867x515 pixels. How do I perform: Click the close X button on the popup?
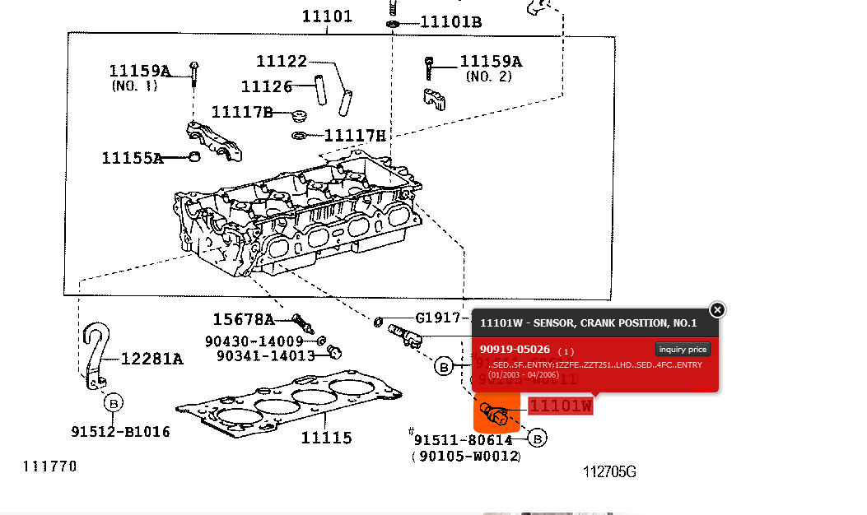pos(717,309)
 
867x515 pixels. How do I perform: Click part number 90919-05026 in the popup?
pos(515,350)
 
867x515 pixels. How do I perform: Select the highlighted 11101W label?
pos(560,406)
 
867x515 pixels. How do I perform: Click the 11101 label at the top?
pos(327,16)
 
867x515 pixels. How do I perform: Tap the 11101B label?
pos(450,22)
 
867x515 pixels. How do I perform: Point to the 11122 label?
pos(281,61)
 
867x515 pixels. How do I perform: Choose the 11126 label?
pos(267,86)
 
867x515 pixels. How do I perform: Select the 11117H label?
pos(355,136)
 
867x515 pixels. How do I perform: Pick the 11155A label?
pos(132,158)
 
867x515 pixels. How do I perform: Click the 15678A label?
pos(243,319)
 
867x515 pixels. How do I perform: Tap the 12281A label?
pos(151,359)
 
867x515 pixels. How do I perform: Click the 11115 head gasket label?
pos(326,438)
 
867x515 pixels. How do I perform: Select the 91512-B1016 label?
pos(120,432)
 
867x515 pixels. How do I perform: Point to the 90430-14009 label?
pos(254,341)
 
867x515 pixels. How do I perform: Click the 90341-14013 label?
pos(266,355)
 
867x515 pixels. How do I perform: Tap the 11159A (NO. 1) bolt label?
pos(139,72)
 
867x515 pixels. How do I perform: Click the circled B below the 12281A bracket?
pos(113,403)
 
